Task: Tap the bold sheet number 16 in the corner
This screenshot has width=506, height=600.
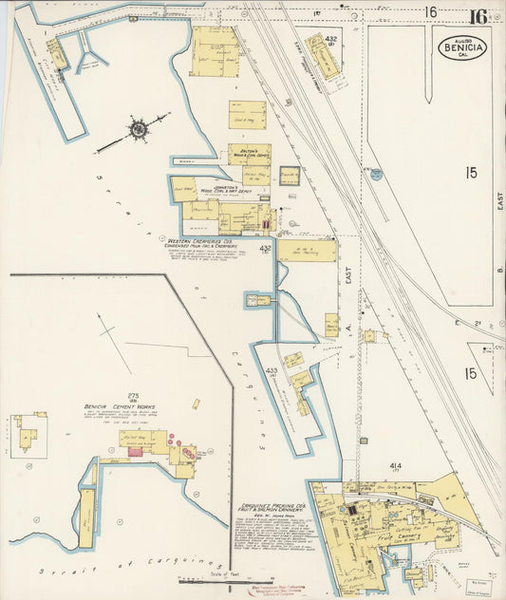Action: (477, 15)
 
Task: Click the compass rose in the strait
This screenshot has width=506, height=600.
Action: (139, 127)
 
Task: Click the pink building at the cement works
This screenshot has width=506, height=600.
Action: (135, 453)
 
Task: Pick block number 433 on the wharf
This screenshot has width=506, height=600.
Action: (272, 371)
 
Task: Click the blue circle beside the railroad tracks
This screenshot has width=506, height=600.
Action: (377, 175)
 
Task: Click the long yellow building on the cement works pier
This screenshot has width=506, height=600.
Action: (87, 517)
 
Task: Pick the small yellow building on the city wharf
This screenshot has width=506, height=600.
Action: (58, 54)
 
